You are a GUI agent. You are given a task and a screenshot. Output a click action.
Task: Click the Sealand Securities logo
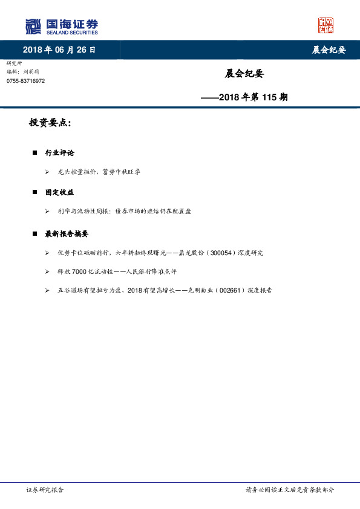click(61, 27)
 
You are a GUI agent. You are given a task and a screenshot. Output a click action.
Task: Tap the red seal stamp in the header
click(326, 25)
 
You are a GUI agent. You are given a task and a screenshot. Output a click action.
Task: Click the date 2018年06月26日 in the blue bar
click(59, 50)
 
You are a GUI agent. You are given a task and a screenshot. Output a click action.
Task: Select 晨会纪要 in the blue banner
click(329, 50)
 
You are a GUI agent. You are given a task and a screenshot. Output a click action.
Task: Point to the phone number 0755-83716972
click(25, 81)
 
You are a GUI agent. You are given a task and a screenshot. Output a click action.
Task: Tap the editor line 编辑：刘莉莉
click(24, 72)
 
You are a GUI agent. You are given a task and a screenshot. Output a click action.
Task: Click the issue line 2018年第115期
click(244, 97)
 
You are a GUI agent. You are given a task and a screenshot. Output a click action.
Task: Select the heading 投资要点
click(50, 123)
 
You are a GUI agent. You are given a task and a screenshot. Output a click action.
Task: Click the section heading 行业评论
click(59, 153)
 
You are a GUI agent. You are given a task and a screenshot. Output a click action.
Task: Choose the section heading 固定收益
click(59, 192)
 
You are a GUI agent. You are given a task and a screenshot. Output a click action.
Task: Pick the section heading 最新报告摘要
click(67, 233)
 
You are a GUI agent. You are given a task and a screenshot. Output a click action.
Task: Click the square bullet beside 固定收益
click(35, 192)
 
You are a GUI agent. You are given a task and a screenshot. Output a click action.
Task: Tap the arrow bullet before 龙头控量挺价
click(47, 172)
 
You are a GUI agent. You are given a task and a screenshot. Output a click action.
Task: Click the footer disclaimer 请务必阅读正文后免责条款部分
click(289, 490)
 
